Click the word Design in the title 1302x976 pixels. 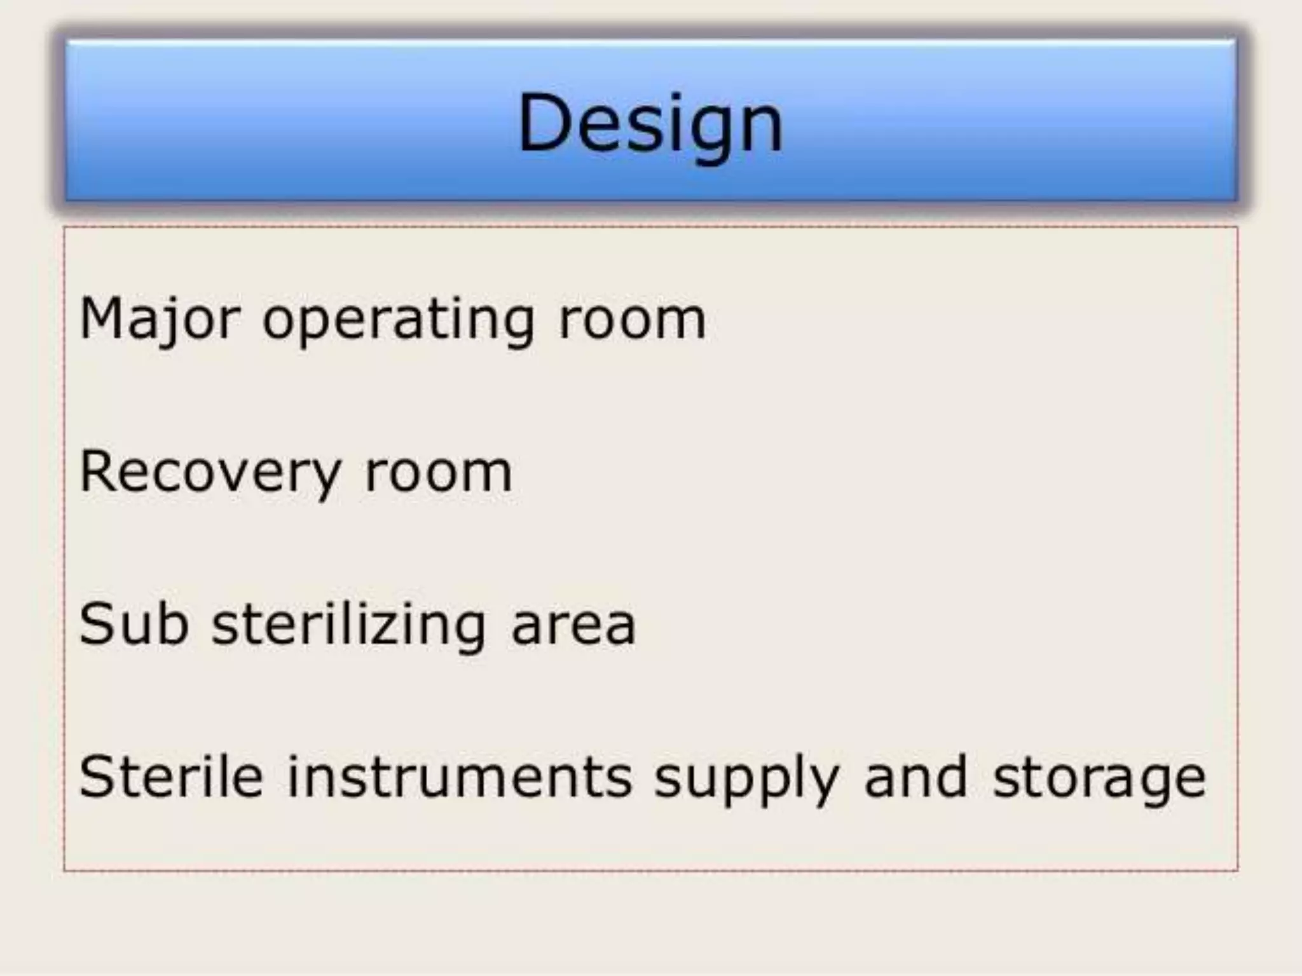(650, 123)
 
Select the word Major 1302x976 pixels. (160, 319)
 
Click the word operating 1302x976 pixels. (398, 322)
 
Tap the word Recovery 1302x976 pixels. (210, 473)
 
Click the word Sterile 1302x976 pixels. (170, 776)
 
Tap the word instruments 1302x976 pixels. (460, 776)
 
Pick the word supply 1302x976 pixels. (747, 780)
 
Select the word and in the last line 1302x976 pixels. (916, 776)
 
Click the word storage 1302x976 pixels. (1099, 780)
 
